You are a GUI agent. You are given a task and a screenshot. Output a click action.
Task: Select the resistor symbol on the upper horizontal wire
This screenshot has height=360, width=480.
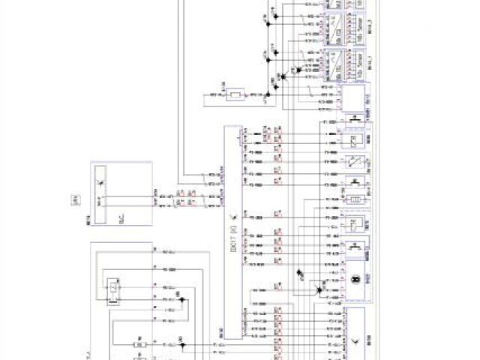(236, 95)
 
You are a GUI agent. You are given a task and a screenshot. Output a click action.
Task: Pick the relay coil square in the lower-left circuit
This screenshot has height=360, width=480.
(112, 286)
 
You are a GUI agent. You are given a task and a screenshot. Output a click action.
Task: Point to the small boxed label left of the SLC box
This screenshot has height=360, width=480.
(75, 199)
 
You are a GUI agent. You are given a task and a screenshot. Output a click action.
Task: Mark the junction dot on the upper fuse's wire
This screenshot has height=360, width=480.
(184, 344)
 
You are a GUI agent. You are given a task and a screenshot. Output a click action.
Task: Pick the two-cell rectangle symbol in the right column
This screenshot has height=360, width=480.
(355, 196)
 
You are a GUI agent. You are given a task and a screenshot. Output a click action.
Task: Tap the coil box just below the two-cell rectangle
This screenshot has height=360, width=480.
(355, 222)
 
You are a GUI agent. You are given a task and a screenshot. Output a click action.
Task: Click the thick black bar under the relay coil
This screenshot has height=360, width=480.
(112, 302)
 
